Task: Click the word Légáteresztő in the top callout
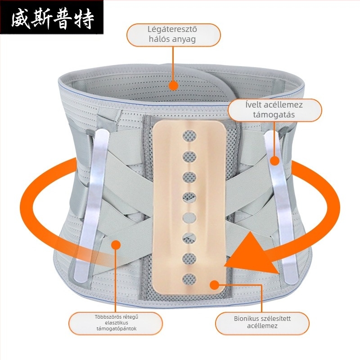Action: click(172, 30)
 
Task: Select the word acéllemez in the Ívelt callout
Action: click(283, 105)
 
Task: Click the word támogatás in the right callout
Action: click(274, 115)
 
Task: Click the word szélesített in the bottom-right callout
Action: click(276, 319)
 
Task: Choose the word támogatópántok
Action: click(117, 329)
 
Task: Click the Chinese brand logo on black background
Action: click(52, 17)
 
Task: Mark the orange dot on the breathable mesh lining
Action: click(173, 85)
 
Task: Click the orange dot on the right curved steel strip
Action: click(274, 161)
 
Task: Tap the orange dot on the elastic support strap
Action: click(116, 245)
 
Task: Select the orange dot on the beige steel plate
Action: click(215, 285)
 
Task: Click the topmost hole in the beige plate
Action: click(189, 136)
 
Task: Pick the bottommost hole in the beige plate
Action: click(189, 279)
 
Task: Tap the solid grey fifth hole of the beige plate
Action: click(189, 218)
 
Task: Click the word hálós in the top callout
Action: click(157, 39)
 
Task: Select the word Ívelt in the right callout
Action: click(253, 105)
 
